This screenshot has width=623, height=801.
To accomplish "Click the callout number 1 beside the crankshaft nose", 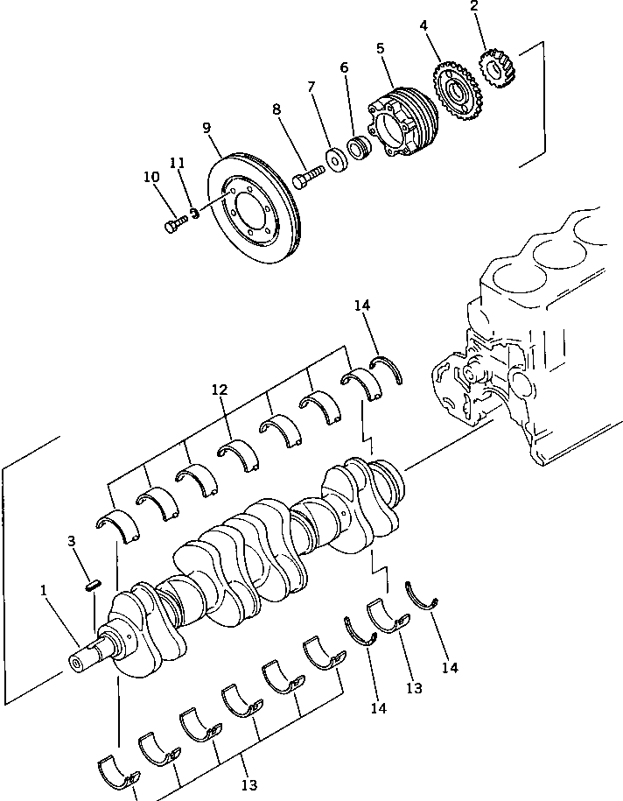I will pyautogui.click(x=43, y=592).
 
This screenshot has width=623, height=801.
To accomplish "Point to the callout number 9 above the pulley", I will pyautogui.click(x=207, y=128).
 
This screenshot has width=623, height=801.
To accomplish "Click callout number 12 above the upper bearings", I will pyautogui.click(x=220, y=388).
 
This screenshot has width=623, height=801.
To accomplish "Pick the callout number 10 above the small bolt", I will pyautogui.click(x=150, y=177).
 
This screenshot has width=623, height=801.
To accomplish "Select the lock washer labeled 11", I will pyautogui.click(x=197, y=211).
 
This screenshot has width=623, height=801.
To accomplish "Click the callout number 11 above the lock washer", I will pyautogui.click(x=178, y=163).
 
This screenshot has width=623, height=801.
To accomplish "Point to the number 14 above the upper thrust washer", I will pyautogui.click(x=363, y=306).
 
